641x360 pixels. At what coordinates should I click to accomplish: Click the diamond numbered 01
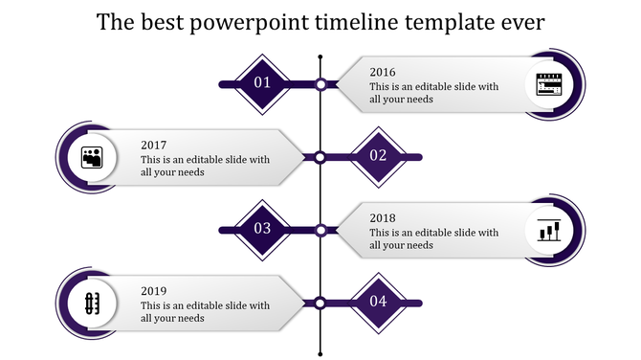tap(262, 84)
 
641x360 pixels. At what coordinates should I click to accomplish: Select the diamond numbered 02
tap(378, 156)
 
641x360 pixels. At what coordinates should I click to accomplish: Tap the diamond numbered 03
tap(262, 229)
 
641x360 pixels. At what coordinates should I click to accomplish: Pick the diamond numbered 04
tap(378, 302)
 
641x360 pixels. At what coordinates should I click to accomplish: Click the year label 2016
tap(383, 72)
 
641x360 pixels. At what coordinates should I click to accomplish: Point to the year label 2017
tap(153, 145)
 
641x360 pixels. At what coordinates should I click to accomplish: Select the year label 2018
tap(383, 217)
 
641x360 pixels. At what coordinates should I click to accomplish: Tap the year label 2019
tap(153, 290)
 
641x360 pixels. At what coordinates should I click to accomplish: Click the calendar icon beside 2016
tap(549, 84)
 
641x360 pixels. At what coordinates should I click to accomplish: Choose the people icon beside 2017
tap(92, 156)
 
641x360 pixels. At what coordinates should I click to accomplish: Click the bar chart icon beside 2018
tap(549, 230)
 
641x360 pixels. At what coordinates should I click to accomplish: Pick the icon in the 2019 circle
tap(92, 303)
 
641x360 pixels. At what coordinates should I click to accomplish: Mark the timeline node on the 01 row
tap(320, 84)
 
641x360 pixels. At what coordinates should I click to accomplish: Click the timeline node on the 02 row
tap(320, 157)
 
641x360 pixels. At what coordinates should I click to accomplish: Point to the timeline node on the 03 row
tap(320, 230)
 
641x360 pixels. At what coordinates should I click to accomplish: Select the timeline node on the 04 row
tap(320, 303)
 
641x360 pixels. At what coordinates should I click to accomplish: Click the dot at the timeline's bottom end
tap(320, 349)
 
